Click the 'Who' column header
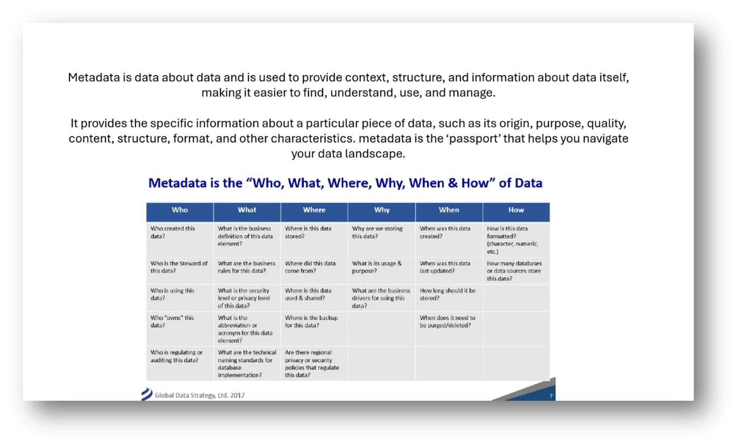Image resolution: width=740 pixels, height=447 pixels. (x=180, y=210)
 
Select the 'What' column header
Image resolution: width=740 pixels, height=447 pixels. (x=247, y=210)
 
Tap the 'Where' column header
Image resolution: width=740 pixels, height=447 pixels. (x=314, y=210)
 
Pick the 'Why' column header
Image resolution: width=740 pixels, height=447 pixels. (x=381, y=210)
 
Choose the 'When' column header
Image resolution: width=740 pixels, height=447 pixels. (x=449, y=210)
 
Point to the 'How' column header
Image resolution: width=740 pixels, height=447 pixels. (x=516, y=210)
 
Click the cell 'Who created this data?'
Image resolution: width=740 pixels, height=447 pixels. (x=173, y=232)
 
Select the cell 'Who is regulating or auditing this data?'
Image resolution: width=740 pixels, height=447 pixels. (x=176, y=356)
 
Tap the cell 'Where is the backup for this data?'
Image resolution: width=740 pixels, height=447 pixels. (x=311, y=321)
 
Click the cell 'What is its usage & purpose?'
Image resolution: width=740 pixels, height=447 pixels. (x=377, y=267)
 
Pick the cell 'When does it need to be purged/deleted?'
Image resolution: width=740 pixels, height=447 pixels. (x=447, y=321)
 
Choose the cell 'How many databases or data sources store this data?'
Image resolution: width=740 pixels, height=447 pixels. (x=514, y=271)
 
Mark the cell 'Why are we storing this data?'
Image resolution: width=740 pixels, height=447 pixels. (x=377, y=232)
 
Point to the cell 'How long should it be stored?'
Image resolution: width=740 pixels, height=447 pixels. (x=447, y=294)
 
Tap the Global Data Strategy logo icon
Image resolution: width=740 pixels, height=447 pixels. (x=146, y=394)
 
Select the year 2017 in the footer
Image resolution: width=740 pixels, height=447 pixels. (x=237, y=395)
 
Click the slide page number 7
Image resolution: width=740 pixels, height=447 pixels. (x=551, y=396)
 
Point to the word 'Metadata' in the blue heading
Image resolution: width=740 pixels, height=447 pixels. (x=178, y=183)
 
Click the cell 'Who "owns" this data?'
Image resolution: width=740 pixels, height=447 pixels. (x=172, y=321)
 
